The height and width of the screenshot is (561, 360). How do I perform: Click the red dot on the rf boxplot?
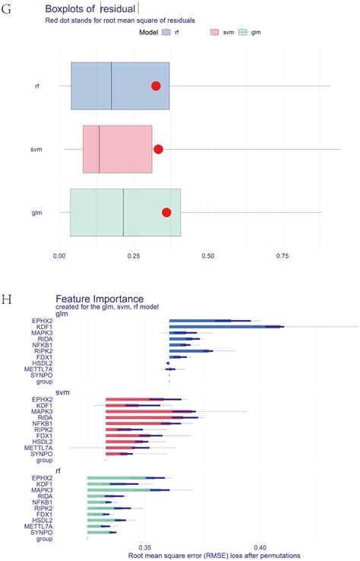click(x=156, y=86)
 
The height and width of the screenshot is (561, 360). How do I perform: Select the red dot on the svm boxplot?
click(x=158, y=149)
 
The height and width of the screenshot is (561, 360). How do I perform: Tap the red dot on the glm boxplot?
click(x=166, y=212)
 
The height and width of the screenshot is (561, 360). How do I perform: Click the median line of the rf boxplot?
click(x=112, y=86)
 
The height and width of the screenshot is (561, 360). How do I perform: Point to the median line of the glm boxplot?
click(x=124, y=212)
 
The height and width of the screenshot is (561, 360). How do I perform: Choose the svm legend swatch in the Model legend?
click(x=214, y=33)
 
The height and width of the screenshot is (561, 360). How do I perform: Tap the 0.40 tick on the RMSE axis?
click(x=261, y=547)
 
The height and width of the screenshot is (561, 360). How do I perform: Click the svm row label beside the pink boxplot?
click(x=35, y=149)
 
